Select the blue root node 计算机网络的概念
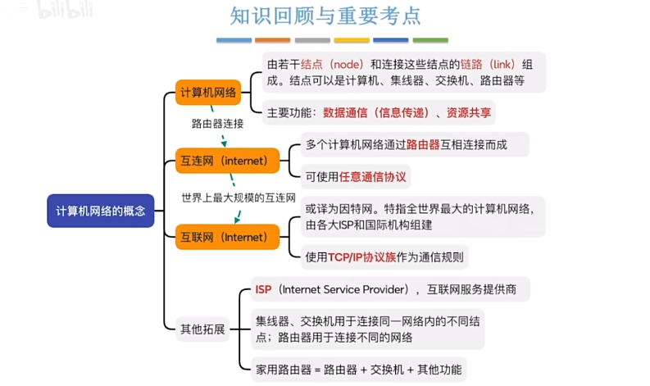100,211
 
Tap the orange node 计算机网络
208,93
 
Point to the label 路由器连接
217,124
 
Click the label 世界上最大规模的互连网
238,198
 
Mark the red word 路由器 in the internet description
424,144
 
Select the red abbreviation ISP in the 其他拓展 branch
263,289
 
